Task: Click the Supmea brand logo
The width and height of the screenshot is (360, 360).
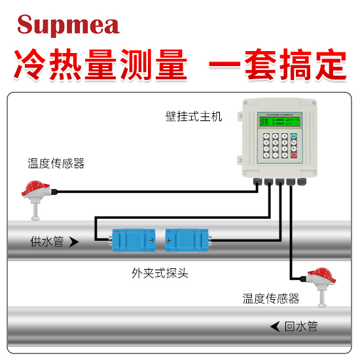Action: click(68, 25)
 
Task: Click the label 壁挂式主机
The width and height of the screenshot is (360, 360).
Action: click(193, 117)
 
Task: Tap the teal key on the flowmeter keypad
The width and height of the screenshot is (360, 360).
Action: click(294, 137)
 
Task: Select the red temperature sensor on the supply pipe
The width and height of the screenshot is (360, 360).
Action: click(33, 190)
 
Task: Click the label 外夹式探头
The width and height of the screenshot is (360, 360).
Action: click(160, 272)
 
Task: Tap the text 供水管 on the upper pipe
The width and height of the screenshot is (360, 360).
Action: click(47, 242)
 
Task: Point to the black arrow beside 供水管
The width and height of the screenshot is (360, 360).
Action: click(74, 242)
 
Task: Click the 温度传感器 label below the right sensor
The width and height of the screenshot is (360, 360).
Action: click(270, 298)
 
